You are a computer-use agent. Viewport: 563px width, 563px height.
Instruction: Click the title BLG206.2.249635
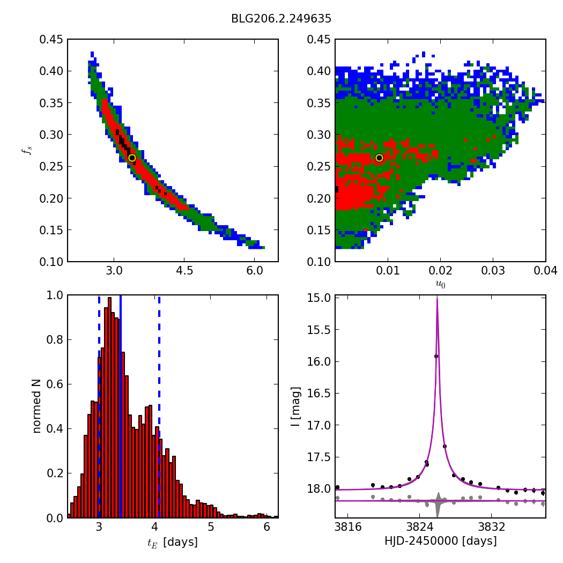pyautogui.click(x=281, y=19)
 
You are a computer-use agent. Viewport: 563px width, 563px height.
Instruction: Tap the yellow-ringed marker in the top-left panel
pyautogui.click(x=132, y=158)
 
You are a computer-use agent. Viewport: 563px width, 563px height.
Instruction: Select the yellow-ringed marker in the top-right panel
pyautogui.click(x=379, y=158)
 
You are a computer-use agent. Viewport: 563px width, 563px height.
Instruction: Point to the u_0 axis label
pyautogui.click(x=440, y=284)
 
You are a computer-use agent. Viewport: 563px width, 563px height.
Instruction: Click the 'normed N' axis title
pyautogui.click(x=36, y=406)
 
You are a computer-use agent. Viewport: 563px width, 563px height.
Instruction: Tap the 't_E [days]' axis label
pyautogui.click(x=173, y=542)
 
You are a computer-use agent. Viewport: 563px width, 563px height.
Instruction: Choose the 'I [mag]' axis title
pyautogui.click(x=295, y=406)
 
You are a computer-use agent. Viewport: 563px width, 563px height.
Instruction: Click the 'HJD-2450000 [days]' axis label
pyautogui.click(x=440, y=542)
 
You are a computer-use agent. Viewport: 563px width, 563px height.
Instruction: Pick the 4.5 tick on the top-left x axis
pyautogui.click(x=184, y=271)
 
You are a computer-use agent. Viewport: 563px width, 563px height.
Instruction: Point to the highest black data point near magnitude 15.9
pyautogui.click(x=436, y=356)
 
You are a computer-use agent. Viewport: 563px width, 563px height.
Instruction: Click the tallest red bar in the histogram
pyautogui.click(x=110, y=408)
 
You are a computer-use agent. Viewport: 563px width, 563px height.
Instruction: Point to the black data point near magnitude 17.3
pyautogui.click(x=445, y=446)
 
